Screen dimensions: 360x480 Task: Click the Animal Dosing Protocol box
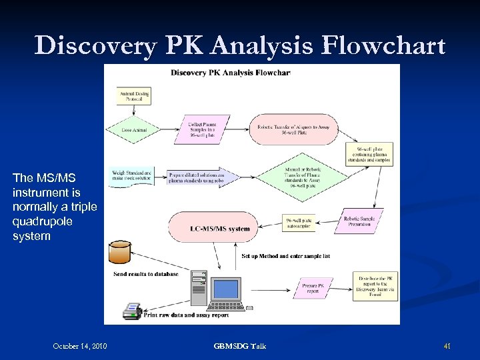(133, 95)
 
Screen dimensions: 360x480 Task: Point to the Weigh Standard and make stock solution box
(132, 176)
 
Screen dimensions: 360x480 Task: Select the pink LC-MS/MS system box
(219, 228)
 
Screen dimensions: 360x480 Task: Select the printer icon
(132, 311)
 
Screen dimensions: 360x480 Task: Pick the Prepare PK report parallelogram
(311, 288)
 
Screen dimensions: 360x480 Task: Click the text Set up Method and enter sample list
(285, 256)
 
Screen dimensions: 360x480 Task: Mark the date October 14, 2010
(80, 345)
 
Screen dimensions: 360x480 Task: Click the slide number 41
(447, 345)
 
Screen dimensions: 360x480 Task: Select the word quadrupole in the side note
(42, 221)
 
